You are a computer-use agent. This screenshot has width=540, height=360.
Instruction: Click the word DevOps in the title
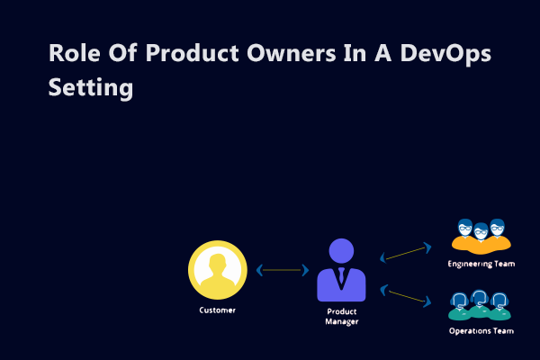pos(445,54)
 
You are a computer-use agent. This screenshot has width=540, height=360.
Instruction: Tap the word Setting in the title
pos(91,87)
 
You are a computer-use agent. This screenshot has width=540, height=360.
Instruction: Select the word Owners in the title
pos(292,53)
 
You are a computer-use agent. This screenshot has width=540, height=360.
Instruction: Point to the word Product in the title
pos(193,53)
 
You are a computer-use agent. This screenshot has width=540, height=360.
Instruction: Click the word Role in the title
pos(75,53)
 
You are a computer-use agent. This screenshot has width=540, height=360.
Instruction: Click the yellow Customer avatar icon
pos(218,270)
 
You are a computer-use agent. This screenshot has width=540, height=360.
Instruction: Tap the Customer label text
pos(217,310)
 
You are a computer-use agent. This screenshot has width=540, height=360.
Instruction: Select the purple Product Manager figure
pos(341,270)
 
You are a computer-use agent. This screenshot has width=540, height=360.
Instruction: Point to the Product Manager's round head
pos(341,251)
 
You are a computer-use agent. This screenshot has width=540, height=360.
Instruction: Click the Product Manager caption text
pos(342,316)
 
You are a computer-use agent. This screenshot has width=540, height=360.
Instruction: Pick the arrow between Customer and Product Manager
pos(283,270)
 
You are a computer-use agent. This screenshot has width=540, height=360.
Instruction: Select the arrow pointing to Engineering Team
pos(406,253)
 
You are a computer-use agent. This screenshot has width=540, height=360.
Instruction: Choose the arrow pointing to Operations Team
pos(406,296)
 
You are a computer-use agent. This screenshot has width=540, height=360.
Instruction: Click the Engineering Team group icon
pos(481,237)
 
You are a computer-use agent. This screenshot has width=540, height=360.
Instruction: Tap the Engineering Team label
pos(481,264)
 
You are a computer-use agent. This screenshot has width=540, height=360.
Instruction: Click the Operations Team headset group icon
pos(480,305)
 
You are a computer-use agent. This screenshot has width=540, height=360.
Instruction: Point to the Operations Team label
pos(481,330)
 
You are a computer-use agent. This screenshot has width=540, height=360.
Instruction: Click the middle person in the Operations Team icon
pos(480,304)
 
